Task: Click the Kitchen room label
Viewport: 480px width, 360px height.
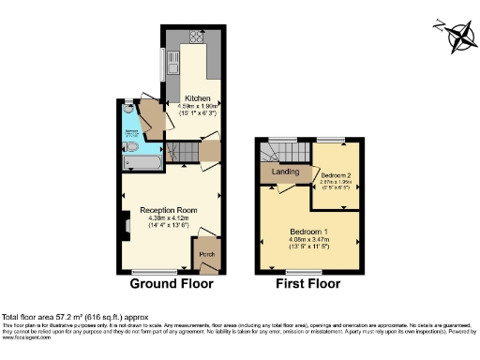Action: click(x=197, y=97)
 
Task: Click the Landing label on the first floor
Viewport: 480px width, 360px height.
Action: click(x=285, y=172)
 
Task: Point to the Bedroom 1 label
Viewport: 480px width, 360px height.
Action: click(x=309, y=231)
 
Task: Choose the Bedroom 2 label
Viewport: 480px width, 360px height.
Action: click(x=336, y=175)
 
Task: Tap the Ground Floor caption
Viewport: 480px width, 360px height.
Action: click(x=172, y=283)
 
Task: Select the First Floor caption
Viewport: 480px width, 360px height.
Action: click(x=308, y=283)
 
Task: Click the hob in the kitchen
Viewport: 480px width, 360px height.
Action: click(x=199, y=37)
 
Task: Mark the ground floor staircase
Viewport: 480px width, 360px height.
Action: click(x=188, y=152)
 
